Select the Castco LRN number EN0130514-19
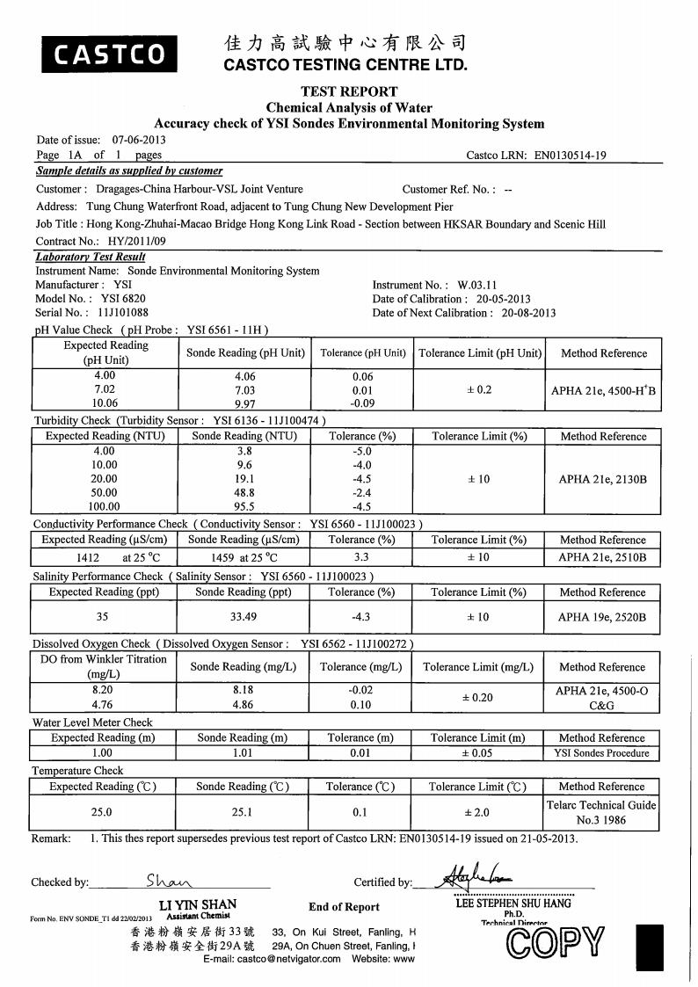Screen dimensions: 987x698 [x=571, y=156]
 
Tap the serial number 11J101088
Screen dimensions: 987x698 [x=123, y=312]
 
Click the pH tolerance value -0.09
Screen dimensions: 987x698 [x=362, y=403]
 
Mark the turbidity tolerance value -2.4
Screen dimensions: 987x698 [x=362, y=492]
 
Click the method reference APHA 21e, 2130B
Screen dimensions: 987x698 [x=602, y=479]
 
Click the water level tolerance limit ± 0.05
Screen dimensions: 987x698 [x=478, y=752]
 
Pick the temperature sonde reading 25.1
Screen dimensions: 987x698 [x=242, y=812]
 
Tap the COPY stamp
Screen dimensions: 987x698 [x=556, y=942]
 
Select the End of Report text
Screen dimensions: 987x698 [x=344, y=907]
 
